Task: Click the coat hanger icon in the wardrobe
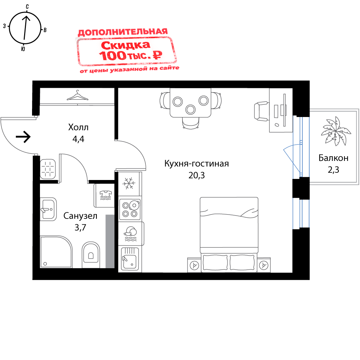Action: (x=77, y=96)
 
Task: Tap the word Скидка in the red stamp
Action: (x=125, y=45)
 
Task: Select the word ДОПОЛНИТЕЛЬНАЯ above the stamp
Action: (x=123, y=32)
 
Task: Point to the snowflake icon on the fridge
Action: (x=129, y=183)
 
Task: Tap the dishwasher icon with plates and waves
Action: (x=130, y=233)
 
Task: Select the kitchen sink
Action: (x=130, y=259)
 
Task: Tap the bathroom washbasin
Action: (x=48, y=209)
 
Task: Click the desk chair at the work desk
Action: (x=261, y=111)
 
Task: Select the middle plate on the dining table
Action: (x=190, y=109)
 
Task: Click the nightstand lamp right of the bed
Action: (x=265, y=265)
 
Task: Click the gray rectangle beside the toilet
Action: (x=110, y=241)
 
